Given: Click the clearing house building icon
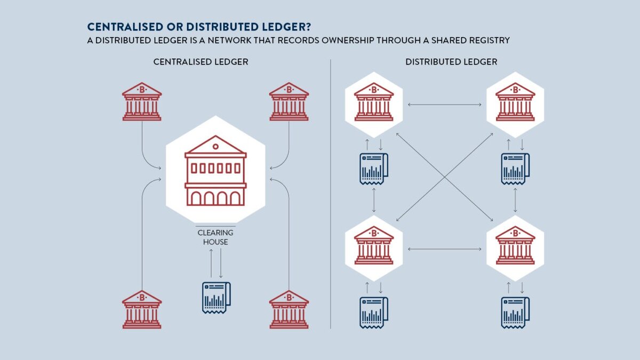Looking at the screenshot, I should (x=215, y=174).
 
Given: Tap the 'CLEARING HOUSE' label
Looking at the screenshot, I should (x=215, y=237).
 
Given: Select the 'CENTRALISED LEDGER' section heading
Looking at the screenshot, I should (x=201, y=62).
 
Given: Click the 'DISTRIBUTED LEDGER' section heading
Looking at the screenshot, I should (x=451, y=62).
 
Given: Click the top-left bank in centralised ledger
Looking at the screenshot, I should (x=142, y=101).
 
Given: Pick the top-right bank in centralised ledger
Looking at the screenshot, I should (x=289, y=101).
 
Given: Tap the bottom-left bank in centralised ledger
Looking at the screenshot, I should (x=142, y=309).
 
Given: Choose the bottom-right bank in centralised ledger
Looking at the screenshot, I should (x=289, y=309).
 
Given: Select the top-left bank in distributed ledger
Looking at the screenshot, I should (x=374, y=101).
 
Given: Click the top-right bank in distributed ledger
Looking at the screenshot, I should (x=515, y=101).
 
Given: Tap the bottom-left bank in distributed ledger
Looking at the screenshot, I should (x=374, y=246).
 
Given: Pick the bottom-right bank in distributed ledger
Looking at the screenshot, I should (x=515, y=246).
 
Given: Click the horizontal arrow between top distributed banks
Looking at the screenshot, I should (x=444, y=105).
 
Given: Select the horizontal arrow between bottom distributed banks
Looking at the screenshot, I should (x=444, y=249).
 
